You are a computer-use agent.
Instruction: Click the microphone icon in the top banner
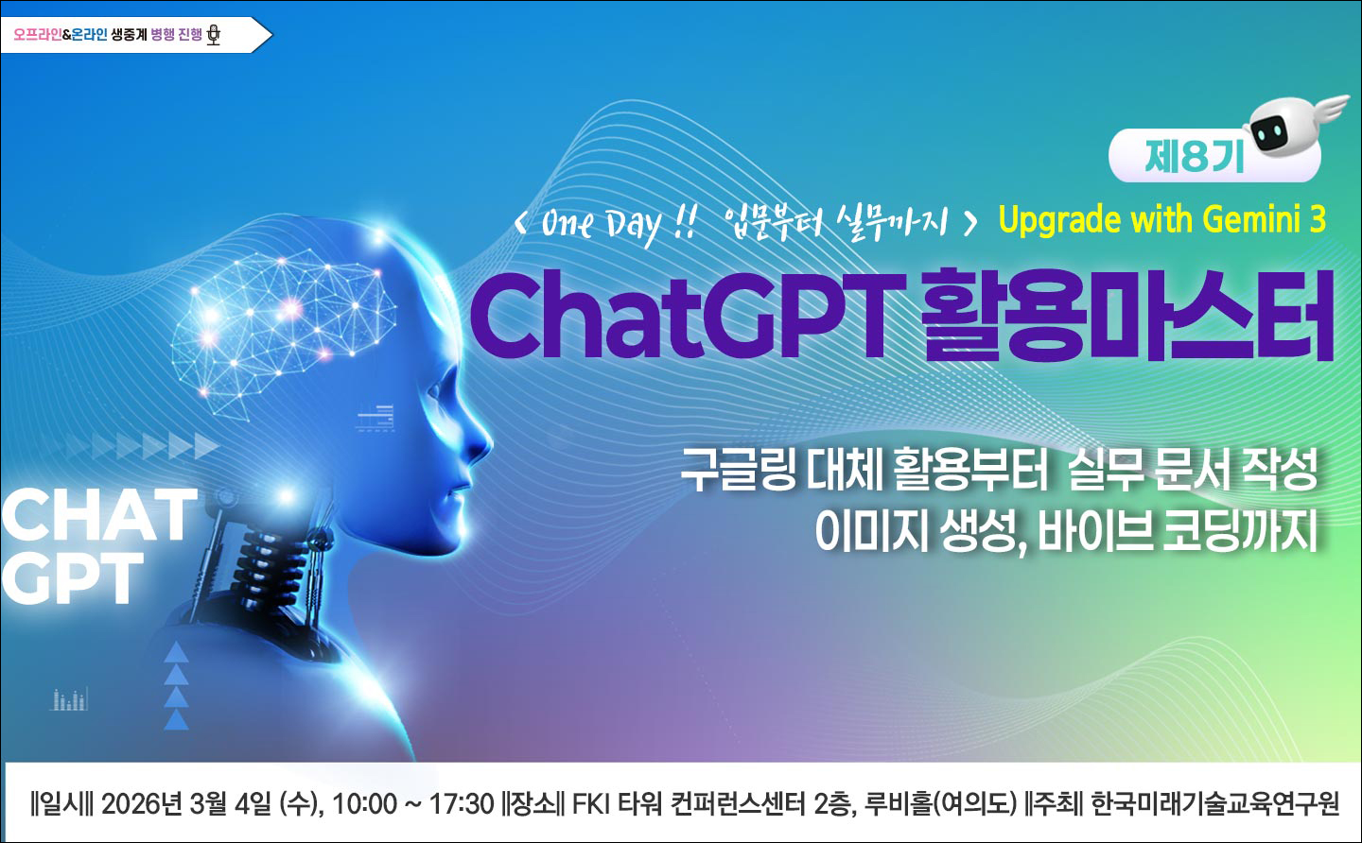214,36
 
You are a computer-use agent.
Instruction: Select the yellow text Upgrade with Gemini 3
1161,220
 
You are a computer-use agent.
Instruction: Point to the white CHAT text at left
98,515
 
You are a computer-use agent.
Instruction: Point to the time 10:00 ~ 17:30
413,804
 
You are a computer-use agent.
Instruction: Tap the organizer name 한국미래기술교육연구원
1214,804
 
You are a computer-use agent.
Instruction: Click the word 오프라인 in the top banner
44,36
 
